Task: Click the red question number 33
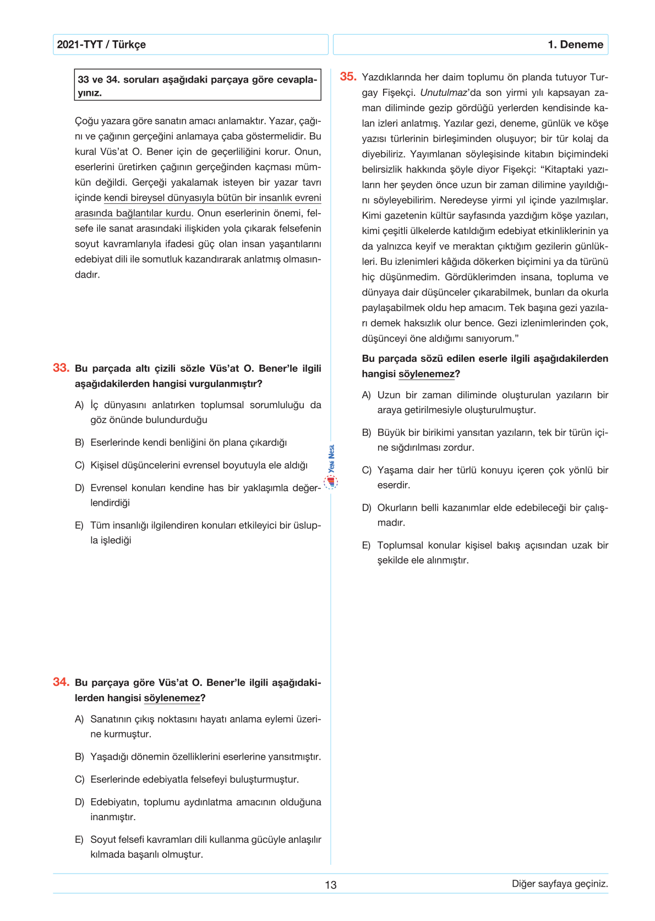pos(61,368)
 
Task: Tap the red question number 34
pos(61,682)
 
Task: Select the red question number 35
pos(348,77)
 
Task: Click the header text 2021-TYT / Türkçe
pos(101,45)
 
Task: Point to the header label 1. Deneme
pos(575,45)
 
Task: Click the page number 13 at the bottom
pos(330,885)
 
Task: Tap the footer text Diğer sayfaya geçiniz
pos(560,884)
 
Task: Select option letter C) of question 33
pos(80,465)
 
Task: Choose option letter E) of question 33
pos(80,525)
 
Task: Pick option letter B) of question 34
pos(80,757)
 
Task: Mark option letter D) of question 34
pos(80,802)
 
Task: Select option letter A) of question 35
pos(367,395)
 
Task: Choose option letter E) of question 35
pos(367,545)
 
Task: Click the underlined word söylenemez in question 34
pos(172,698)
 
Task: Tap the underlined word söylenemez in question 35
pos(427,374)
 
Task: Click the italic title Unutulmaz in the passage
pos(443,93)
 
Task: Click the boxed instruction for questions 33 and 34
pos(198,86)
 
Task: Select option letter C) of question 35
pos(367,470)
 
